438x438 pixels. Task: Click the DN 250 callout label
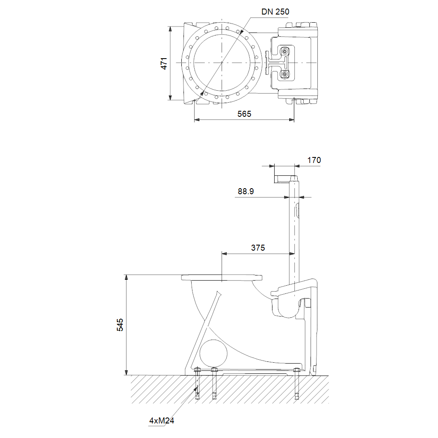pos(275,12)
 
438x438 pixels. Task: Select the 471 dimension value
pos(164,63)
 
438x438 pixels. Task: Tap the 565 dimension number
pos(244,114)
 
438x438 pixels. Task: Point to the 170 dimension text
pos(314,160)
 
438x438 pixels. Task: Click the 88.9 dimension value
pos(246,191)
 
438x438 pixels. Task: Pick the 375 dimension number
pos(258,248)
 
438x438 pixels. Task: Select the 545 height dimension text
pos(120,325)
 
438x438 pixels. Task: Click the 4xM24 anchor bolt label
pos(161,421)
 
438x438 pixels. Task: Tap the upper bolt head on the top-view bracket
pos(284,51)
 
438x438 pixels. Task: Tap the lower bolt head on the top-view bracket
pos(284,74)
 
